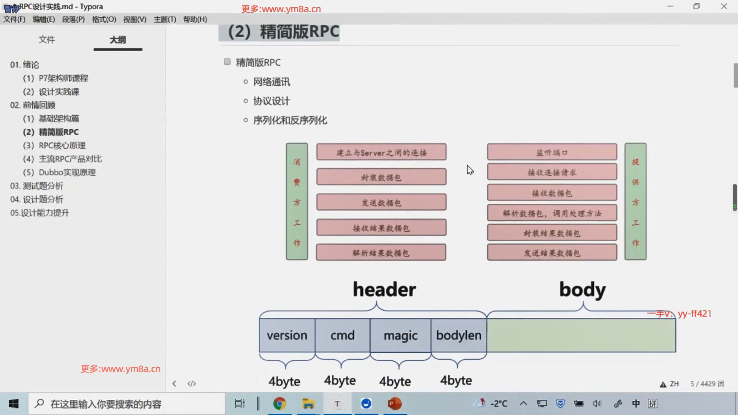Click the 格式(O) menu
(x=104, y=19)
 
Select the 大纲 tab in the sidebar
(x=118, y=40)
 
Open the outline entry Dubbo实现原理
(x=67, y=173)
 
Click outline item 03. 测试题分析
(x=37, y=186)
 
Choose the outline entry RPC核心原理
(x=62, y=146)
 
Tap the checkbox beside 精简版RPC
(x=227, y=62)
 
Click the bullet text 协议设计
(x=271, y=101)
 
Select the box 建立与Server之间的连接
(x=381, y=152)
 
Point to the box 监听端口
(x=552, y=152)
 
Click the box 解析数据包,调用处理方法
(x=552, y=213)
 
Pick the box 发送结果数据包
(x=552, y=253)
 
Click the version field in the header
(x=287, y=335)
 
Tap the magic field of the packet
(x=400, y=335)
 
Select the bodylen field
(x=459, y=335)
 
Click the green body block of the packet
(x=581, y=335)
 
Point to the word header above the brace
(x=384, y=289)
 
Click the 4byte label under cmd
(x=340, y=380)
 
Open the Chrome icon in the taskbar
(x=279, y=403)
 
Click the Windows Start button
(x=14, y=403)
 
